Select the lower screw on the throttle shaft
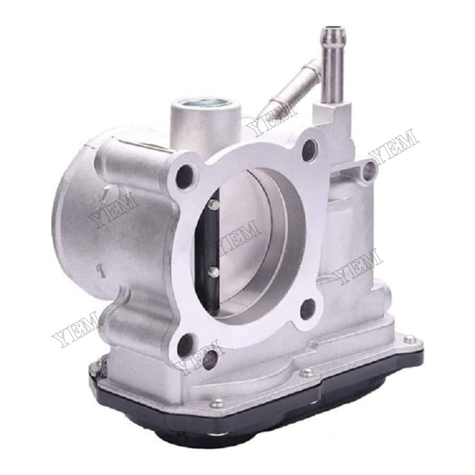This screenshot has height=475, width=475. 212,272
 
